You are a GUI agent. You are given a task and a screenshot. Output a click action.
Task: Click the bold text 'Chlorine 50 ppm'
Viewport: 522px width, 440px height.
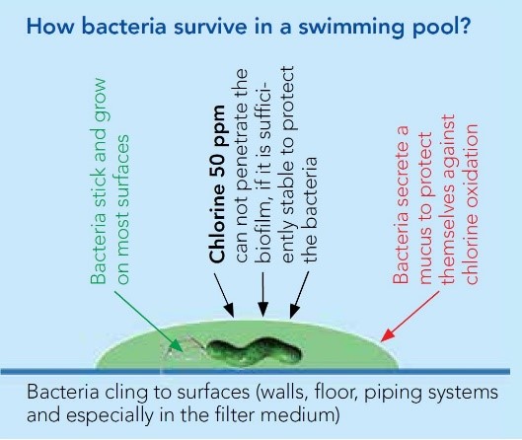[x=218, y=184]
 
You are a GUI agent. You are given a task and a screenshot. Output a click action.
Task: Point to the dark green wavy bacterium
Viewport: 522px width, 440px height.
[x=255, y=352]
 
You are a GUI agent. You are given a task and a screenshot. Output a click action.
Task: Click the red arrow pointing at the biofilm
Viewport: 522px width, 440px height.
[x=410, y=316]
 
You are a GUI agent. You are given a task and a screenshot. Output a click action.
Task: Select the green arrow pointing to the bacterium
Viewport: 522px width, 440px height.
[x=149, y=322]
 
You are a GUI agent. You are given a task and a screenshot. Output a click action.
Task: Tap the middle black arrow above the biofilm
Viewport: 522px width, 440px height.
[x=263, y=295]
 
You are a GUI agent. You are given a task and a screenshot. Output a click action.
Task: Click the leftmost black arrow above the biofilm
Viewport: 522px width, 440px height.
[x=224, y=295]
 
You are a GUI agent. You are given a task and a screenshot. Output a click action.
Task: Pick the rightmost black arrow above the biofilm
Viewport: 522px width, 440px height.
[x=299, y=295]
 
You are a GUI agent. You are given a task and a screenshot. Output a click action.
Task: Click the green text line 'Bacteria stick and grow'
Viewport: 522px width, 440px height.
[x=99, y=182]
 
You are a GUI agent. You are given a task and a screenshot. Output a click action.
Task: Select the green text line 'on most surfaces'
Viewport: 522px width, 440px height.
[x=122, y=209]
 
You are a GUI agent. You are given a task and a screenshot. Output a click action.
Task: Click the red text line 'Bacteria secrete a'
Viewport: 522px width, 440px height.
[x=401, y=204]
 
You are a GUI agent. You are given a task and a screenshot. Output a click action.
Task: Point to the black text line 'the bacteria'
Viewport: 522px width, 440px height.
[x=309, y=210]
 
